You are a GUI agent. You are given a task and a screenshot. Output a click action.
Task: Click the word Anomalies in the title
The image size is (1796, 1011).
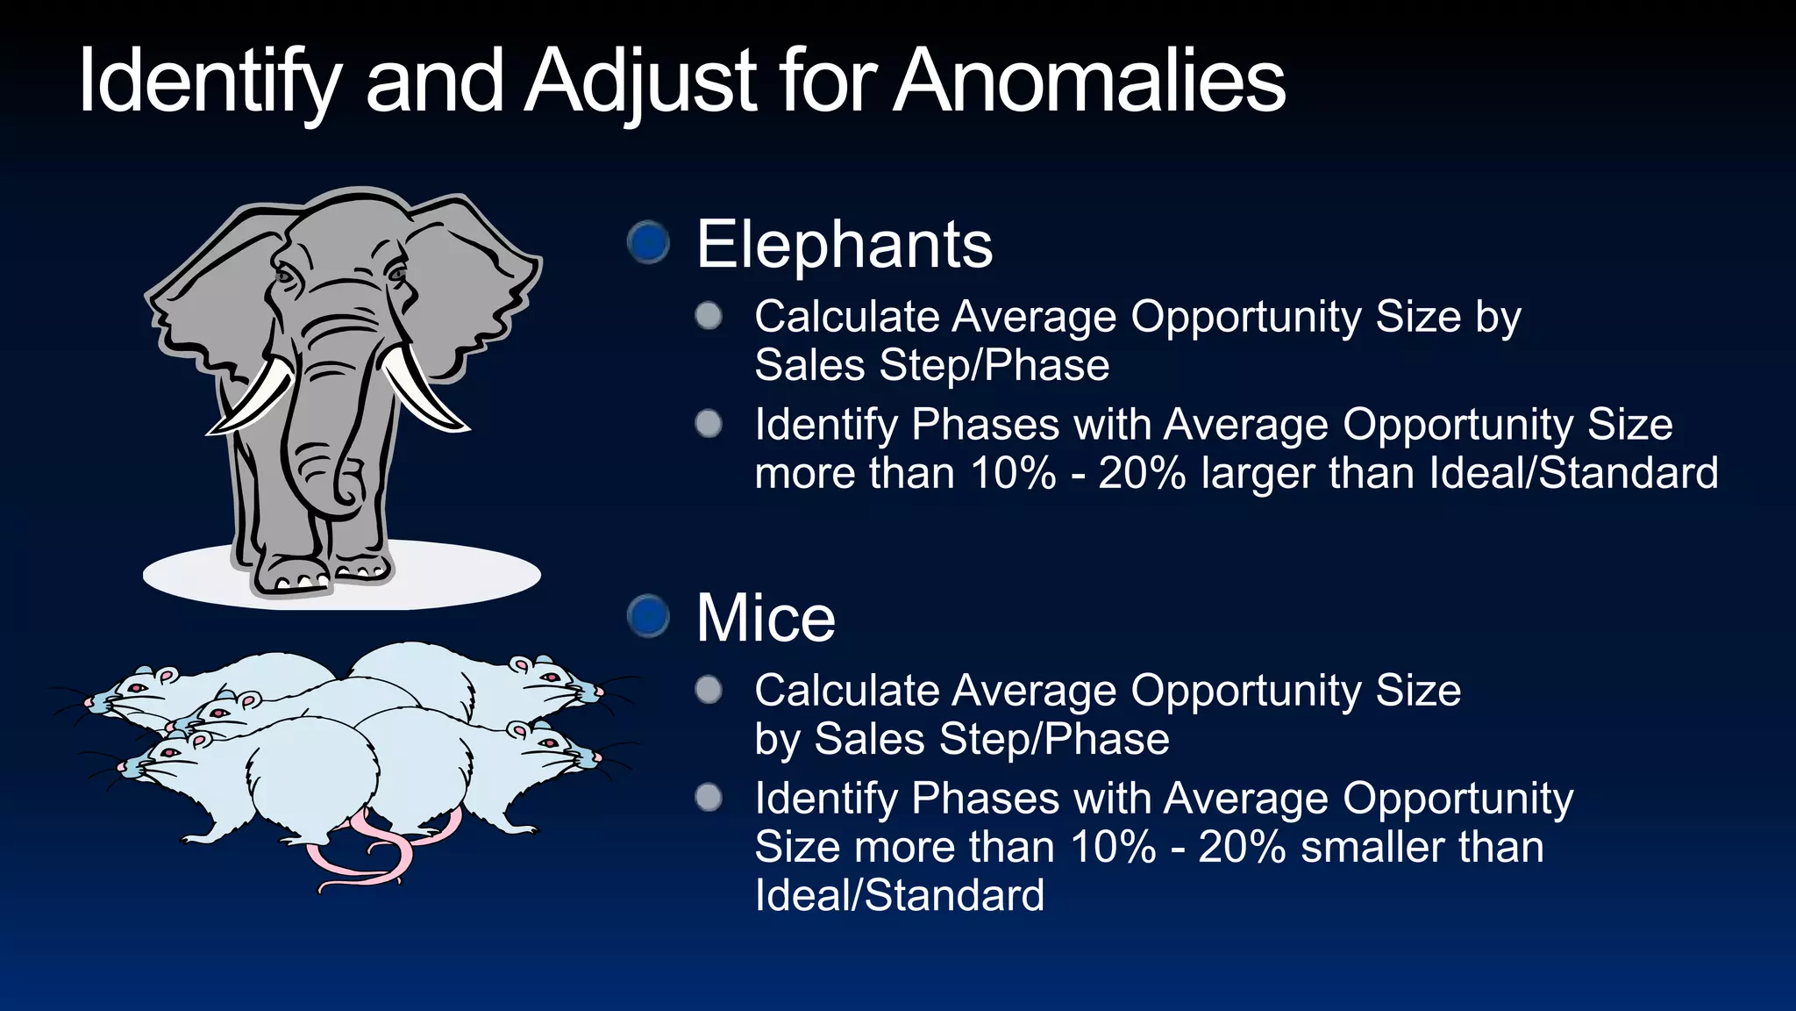coord(1089,81)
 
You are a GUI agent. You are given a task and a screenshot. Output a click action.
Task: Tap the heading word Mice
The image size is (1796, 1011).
coord(765,619)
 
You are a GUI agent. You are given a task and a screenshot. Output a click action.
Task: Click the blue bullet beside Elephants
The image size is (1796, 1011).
coord(649,242)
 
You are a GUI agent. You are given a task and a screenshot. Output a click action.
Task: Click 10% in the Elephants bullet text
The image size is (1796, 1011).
coord(1013,474)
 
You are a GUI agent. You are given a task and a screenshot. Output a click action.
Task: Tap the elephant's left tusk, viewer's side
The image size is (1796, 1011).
coord(254,399)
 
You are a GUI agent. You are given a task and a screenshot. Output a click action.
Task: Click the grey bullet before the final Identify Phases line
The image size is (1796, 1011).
coord(709,798)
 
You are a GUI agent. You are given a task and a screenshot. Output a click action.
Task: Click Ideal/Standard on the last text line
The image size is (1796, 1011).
coord(899,896)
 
